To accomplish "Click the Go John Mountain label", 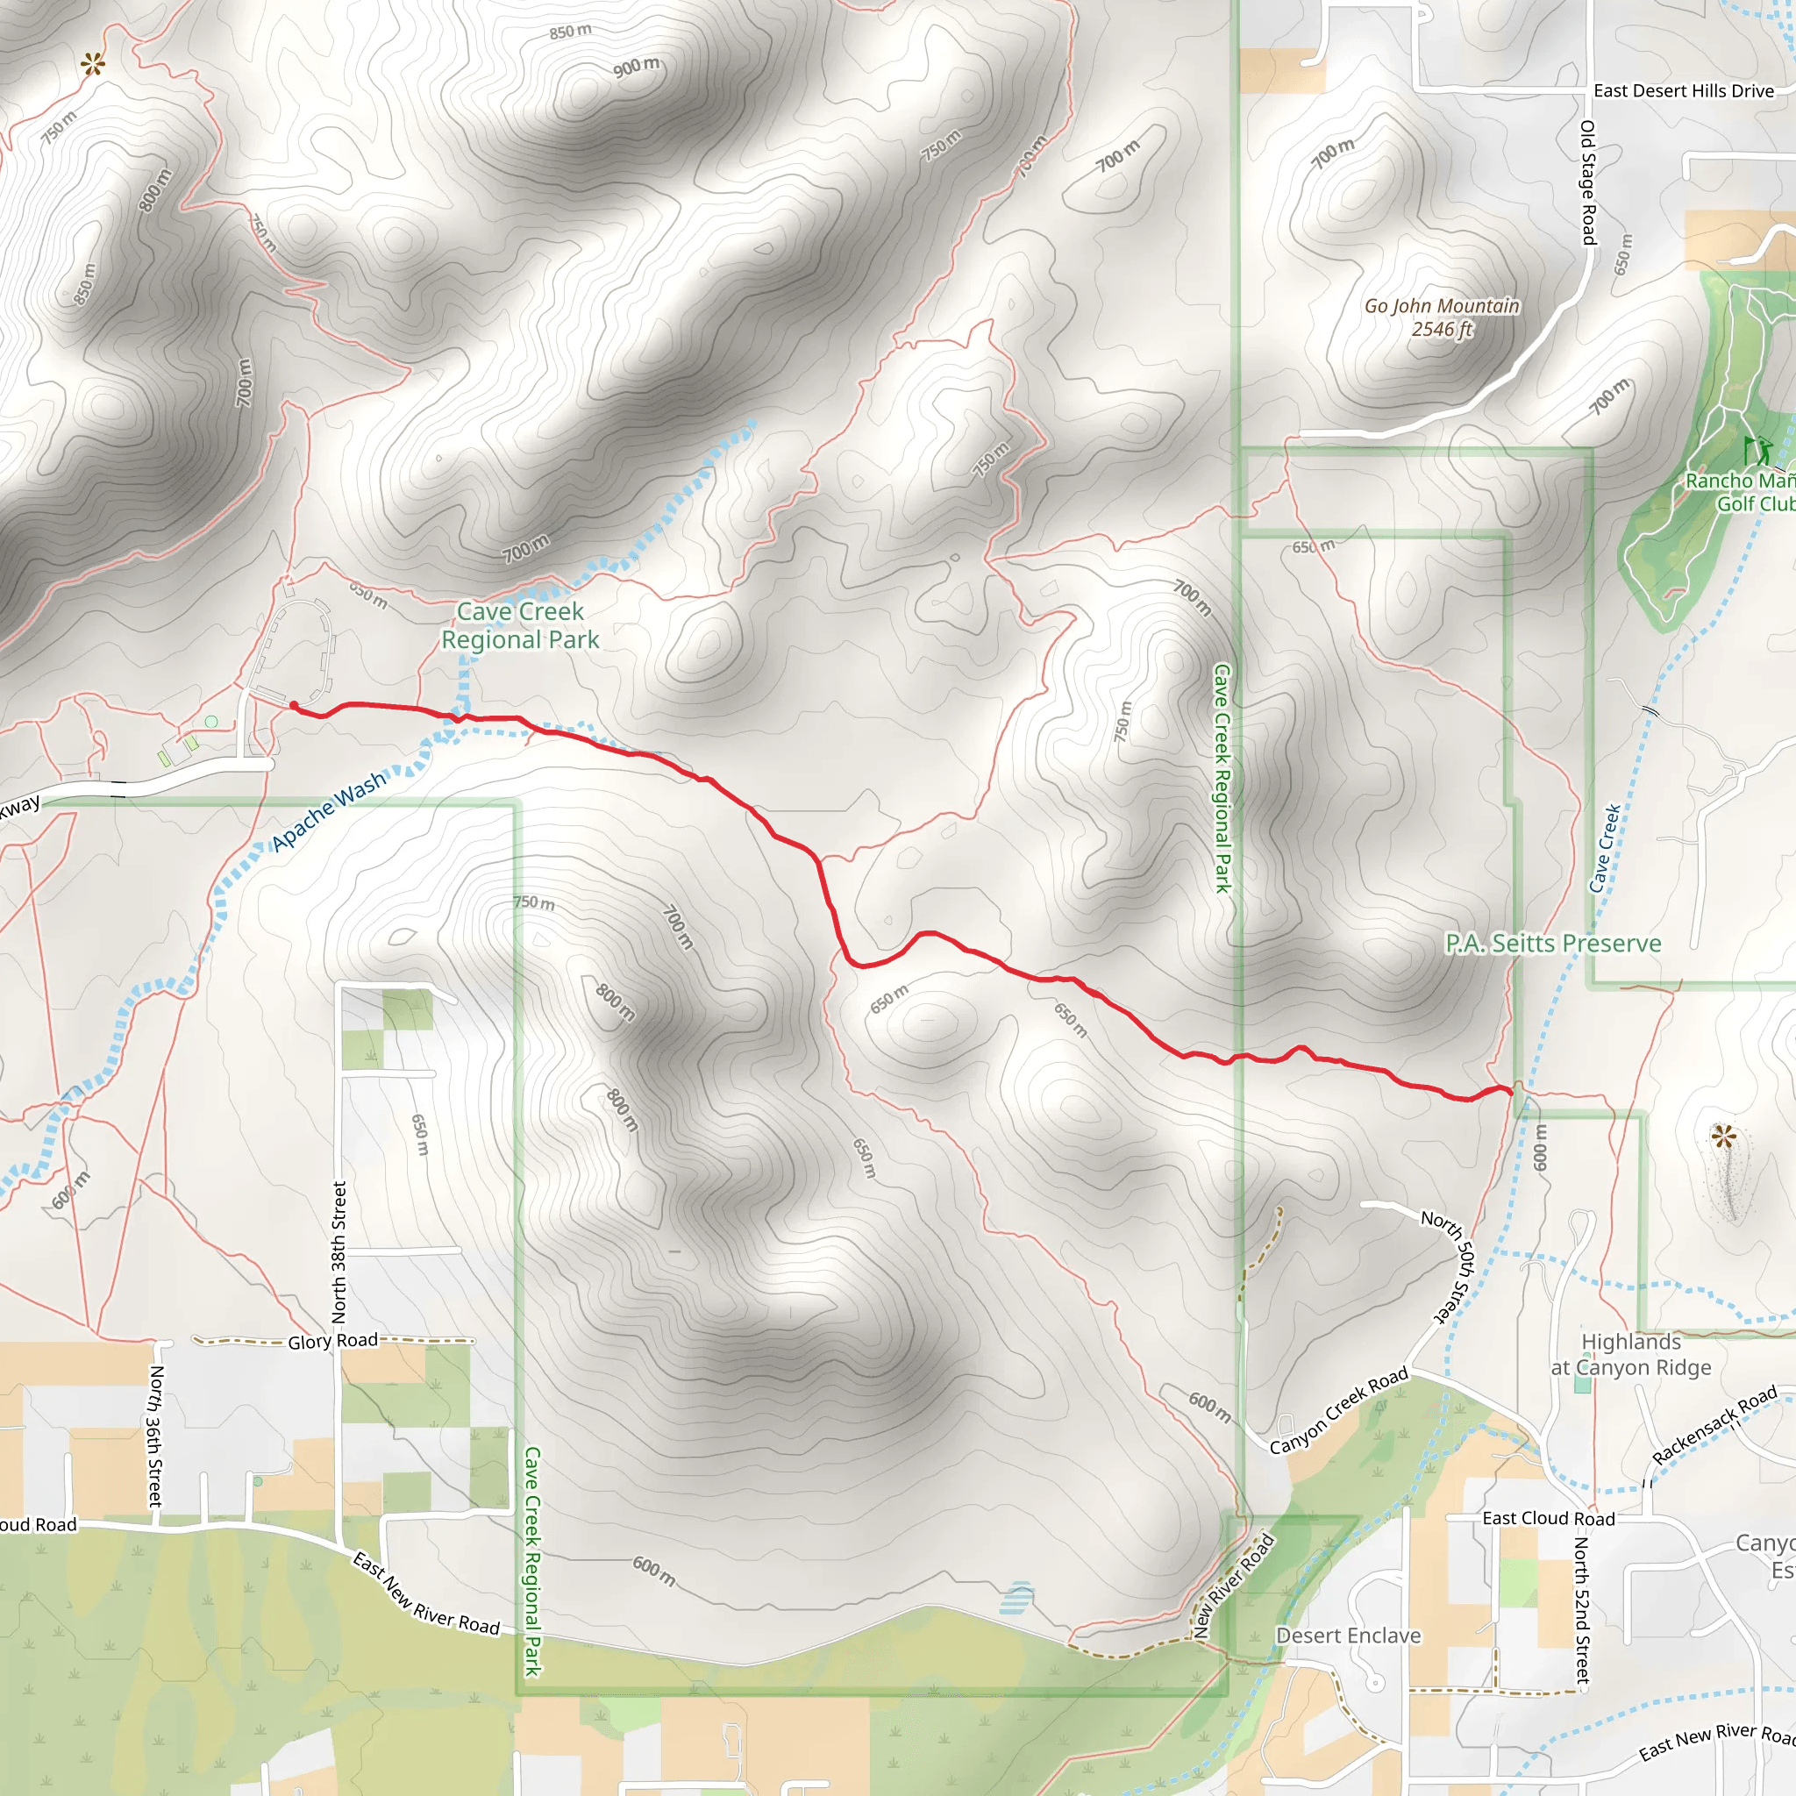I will pyautogui.click(x=1442, y=317).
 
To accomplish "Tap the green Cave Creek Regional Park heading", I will pyautogui.click(x=520, y=625).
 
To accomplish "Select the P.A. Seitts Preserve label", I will pyautogui.click(x=1552, y=944).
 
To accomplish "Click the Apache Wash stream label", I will pyautogui.click(x=328, y=811).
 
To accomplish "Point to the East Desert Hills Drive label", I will pyautogui.click(x=1684, y=91).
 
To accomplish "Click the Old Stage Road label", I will pyautogui.click(x=1588, y=182).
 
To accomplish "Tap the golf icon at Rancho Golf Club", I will pyautogui.click(x=1756, y=451).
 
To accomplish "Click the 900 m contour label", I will pyautogui.click(x=636, y=67).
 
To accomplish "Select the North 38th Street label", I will pyautogui.click(x=339, y=1252).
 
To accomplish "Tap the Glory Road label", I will pyautogui.click(x=332, y=1341).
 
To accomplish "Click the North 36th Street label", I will pyautogui.click(x=155, y=1436).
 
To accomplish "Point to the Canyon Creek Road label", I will pyautogui.click(x=1338, y=1411).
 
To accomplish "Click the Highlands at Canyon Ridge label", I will pyautogui.click(x=1630, y=1354).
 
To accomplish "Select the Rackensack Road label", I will pyautogui.click(x=1714, y=1425).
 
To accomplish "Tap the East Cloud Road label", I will pyautogui.click(x=1548, y=1518).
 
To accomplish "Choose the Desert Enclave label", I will pyautogui.click(x=1348, y=1636).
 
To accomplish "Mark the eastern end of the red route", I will pyautogui.click(x=1511, y=1093).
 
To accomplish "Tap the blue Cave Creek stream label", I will pyautogui.click(x=1605, y=848).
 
